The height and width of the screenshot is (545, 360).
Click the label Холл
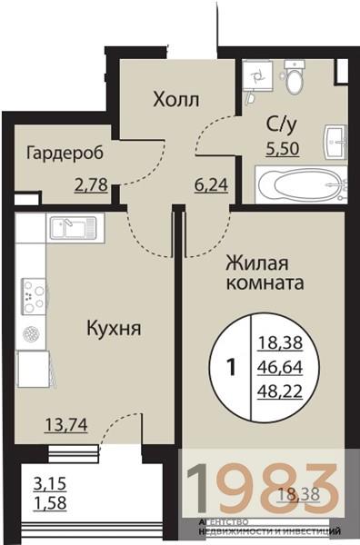tap(175, 98)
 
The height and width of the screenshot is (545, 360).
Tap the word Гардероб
tap(62, 153)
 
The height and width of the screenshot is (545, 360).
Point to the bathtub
tap(299, 185)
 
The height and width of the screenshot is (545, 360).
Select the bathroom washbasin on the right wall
tap(336, 141)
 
